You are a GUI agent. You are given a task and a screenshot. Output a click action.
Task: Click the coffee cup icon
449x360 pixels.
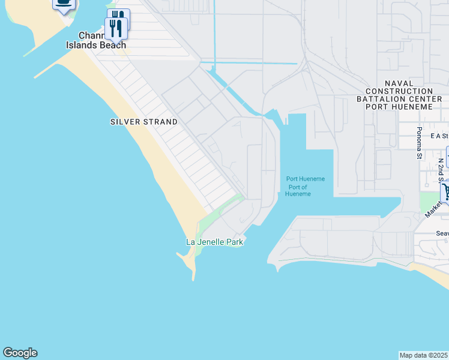pos(64,4)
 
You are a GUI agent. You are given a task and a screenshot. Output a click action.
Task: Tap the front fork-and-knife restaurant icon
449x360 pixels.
pos(114,28)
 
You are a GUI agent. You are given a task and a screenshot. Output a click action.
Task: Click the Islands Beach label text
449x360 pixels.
pos(96,45)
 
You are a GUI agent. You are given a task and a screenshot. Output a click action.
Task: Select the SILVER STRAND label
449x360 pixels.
pos(144,122)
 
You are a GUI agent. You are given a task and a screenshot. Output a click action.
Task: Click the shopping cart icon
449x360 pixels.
pos(446,193)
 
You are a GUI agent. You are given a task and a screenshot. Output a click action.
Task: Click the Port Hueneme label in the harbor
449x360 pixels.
pos(305,179)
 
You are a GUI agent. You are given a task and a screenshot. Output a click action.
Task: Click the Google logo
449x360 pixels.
pos(20,353)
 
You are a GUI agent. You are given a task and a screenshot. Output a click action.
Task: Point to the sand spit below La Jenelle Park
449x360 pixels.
pos(190,262)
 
